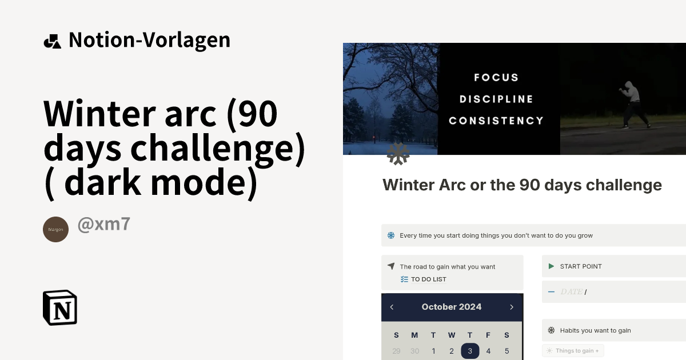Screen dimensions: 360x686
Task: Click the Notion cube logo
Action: click(60, 307)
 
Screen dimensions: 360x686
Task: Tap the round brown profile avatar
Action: click(55, 229)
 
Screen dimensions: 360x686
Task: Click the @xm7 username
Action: click(103, 225)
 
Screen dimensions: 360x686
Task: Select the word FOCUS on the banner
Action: click(496, 77)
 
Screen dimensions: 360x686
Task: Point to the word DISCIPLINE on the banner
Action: click(496, 99)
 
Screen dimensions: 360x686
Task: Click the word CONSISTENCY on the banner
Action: click(496, 121)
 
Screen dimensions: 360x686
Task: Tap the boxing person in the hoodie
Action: click(634, 105)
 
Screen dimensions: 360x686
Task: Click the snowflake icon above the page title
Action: click(398, 154)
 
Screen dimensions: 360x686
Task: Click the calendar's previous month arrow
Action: click(392, 307)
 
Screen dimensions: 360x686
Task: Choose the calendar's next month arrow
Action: click(512, 307)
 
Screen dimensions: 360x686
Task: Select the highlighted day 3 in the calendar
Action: click(470, 351)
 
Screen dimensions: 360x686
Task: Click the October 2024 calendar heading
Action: click(452, 307)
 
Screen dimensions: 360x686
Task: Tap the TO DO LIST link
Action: click(428, 279)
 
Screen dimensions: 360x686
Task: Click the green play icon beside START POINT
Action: click(551, 266)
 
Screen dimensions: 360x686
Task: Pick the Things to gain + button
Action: click(573, 351)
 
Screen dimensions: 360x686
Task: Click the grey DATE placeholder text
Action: click(571, 292)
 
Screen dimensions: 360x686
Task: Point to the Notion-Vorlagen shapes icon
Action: click(52, 41)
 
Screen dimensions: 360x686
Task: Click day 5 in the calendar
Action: click(506, 351)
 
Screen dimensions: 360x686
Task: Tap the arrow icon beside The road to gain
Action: click(391, 266)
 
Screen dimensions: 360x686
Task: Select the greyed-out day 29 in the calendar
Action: click(396, 351)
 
